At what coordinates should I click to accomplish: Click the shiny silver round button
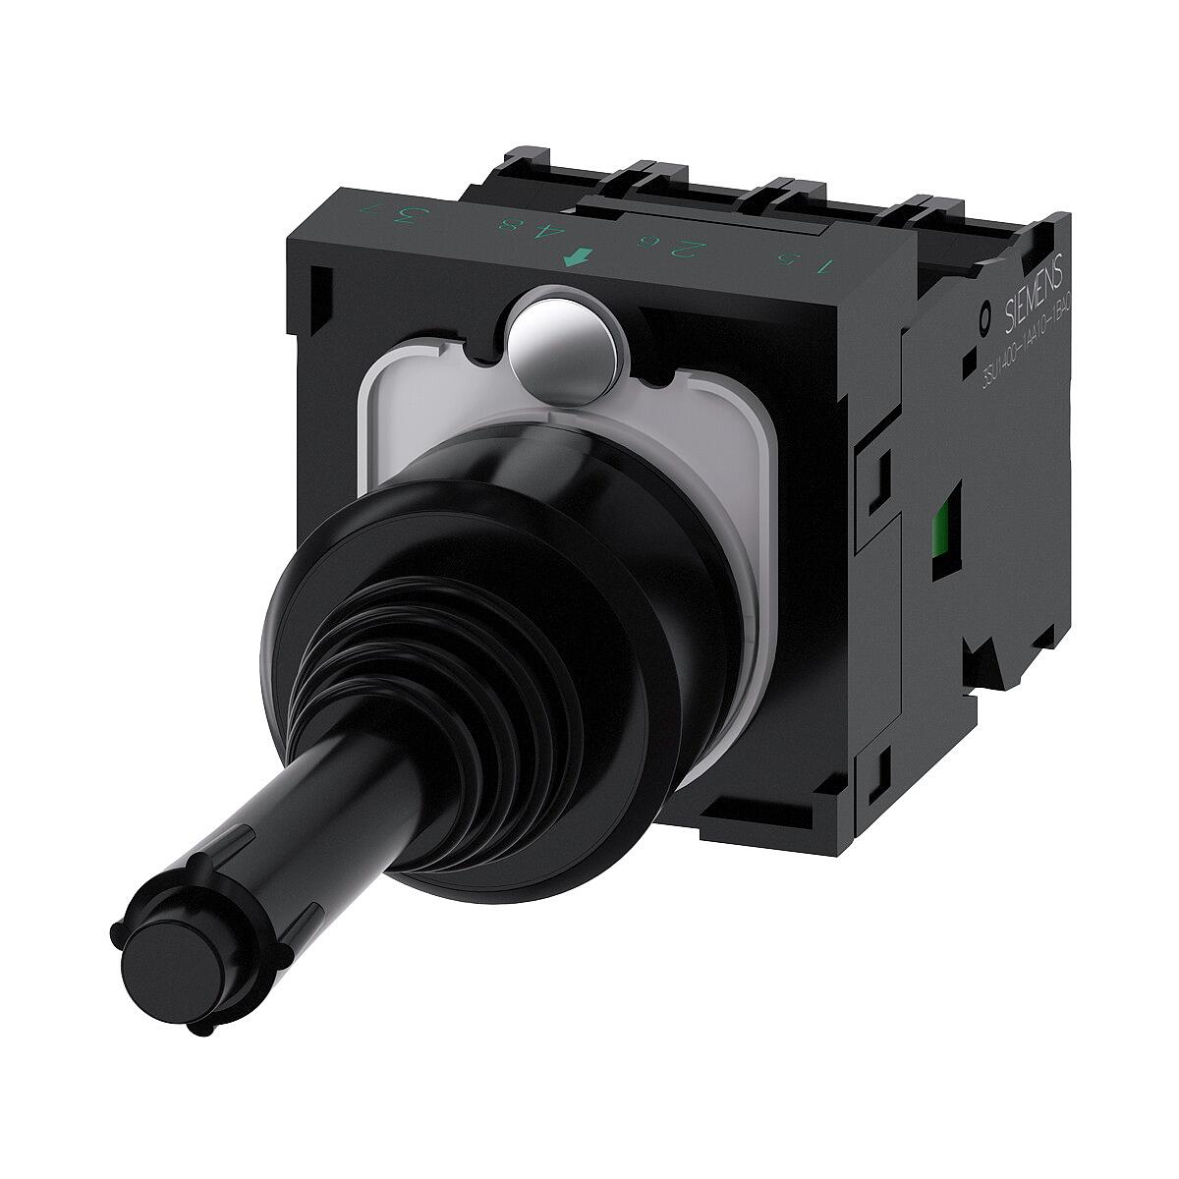click(565, 343)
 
